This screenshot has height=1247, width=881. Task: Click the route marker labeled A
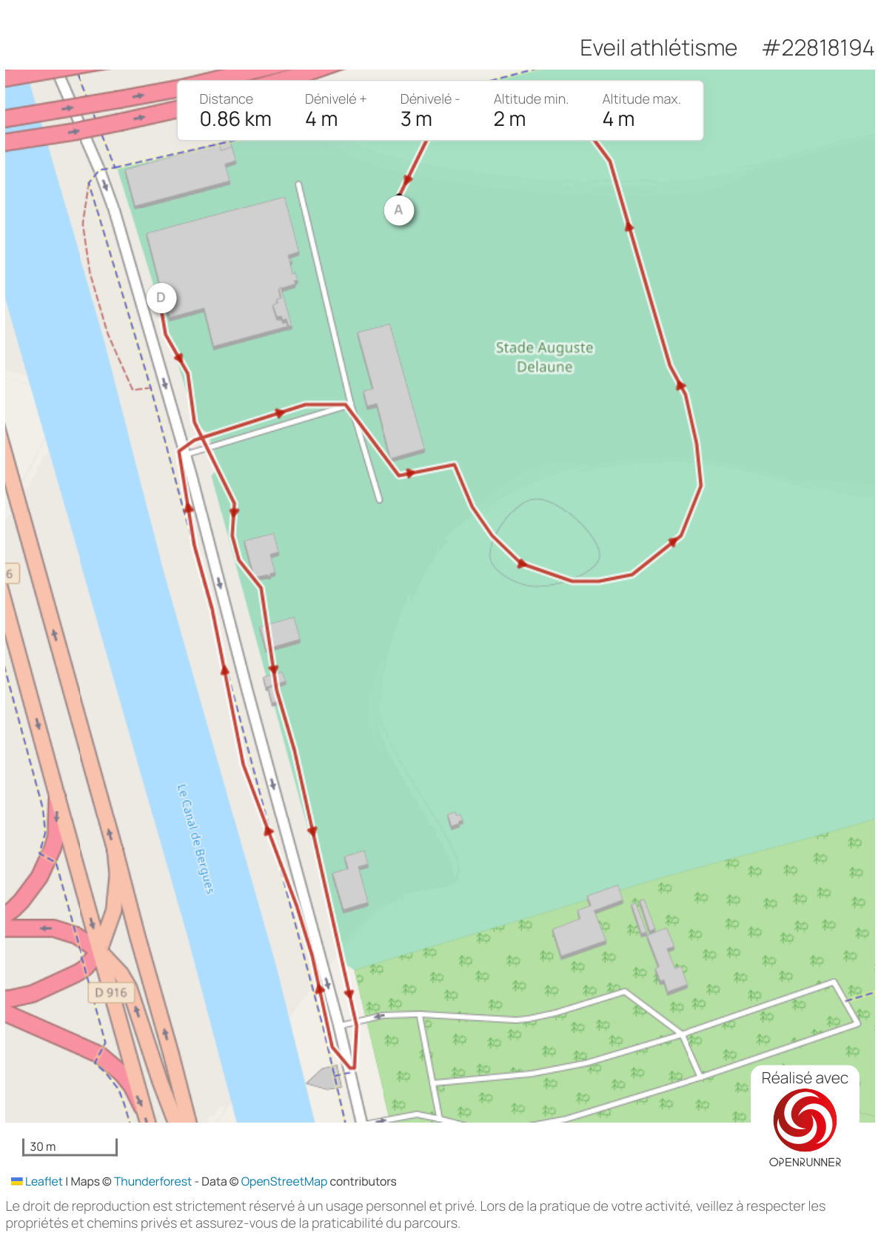[398, 210]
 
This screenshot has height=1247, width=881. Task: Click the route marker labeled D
[161, 298]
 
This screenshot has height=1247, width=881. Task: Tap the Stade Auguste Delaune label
[544, 357]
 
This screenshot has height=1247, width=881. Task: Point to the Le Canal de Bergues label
[195, 838]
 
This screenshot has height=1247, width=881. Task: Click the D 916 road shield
[111, 992]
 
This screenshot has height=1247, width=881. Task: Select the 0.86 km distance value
[235, 119]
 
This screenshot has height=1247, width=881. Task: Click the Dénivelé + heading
[335, 99]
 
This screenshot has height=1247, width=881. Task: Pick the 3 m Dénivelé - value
[416, 119]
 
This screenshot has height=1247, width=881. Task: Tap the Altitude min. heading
[531, 99]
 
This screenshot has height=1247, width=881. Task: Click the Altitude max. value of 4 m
[618, 119]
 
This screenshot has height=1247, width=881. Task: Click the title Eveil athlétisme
[658, 48]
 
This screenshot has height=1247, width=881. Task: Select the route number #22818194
[818, 48]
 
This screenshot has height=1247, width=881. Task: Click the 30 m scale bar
[70, 1146]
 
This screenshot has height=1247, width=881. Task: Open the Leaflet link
[44, 1181]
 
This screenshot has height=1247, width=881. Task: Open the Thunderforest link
[153, 1181]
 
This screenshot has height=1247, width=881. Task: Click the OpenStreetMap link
[284, 1181]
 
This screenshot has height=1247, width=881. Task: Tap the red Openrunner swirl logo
[805, 1120]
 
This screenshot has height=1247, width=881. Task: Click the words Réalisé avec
[805, 1078]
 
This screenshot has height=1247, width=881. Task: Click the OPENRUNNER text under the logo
[805, 1162]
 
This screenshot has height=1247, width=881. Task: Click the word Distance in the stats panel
[226, 99]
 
